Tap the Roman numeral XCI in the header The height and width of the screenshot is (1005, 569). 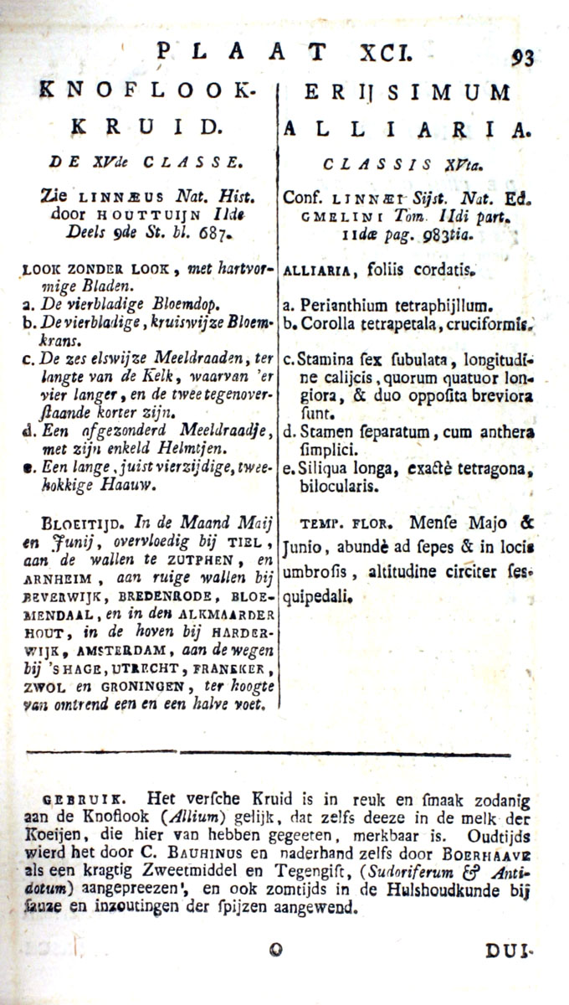384,53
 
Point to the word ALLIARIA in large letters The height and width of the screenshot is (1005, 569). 408,128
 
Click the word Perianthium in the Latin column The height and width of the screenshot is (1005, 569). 346,307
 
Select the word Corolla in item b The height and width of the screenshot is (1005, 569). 329,324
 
